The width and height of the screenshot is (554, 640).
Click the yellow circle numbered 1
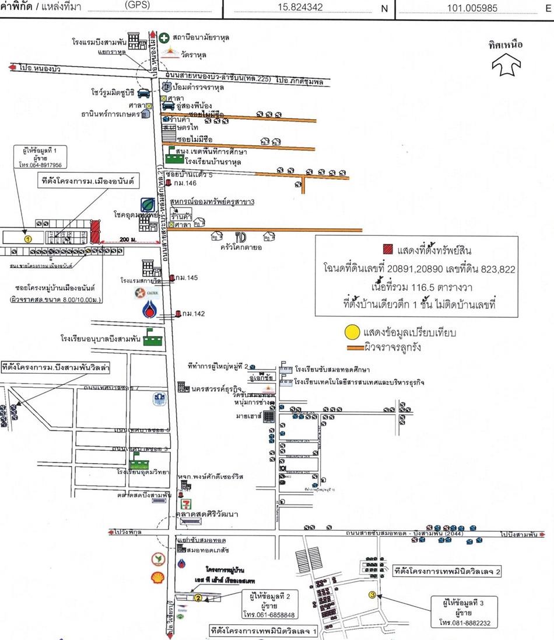[27, 238]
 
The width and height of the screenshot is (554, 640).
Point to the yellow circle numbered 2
[198, 598]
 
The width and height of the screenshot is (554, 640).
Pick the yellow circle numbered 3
[372, 594]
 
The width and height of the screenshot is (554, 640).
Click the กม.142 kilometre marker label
[193, 314]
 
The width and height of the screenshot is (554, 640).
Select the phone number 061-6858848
[267, 615]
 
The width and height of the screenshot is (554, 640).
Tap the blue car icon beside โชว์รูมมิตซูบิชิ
[144, 93]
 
